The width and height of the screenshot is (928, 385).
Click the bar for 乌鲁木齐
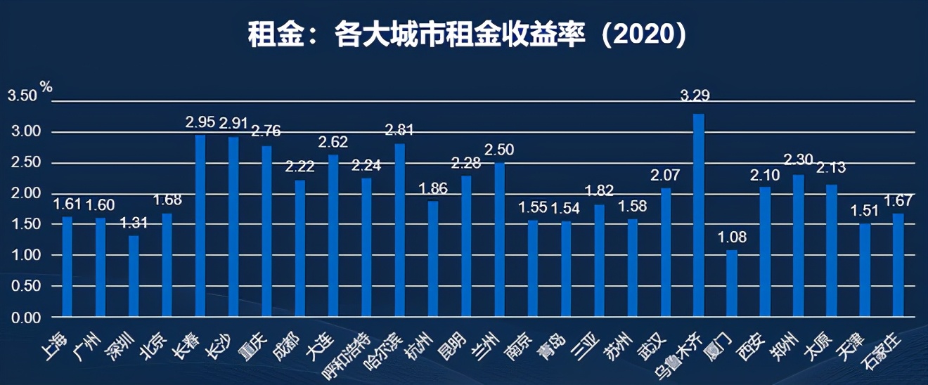tap(698, 215)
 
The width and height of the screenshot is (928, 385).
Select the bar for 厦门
tap(731, 283)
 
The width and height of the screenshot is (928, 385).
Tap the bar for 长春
tap(200, 226)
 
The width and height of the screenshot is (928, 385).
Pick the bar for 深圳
tap(134, 276)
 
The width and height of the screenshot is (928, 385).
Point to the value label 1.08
tap(731, 237)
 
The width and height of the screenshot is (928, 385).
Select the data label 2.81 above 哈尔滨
tap(400, 129)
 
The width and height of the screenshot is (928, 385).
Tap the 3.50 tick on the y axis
tap(22, 96)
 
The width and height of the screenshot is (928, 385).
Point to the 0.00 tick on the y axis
tap(26, 318)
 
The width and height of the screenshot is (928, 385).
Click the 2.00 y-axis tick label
tap(26, 194)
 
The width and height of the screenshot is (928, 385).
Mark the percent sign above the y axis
tap(46, 86)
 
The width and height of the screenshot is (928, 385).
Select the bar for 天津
tap(864, 270)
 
